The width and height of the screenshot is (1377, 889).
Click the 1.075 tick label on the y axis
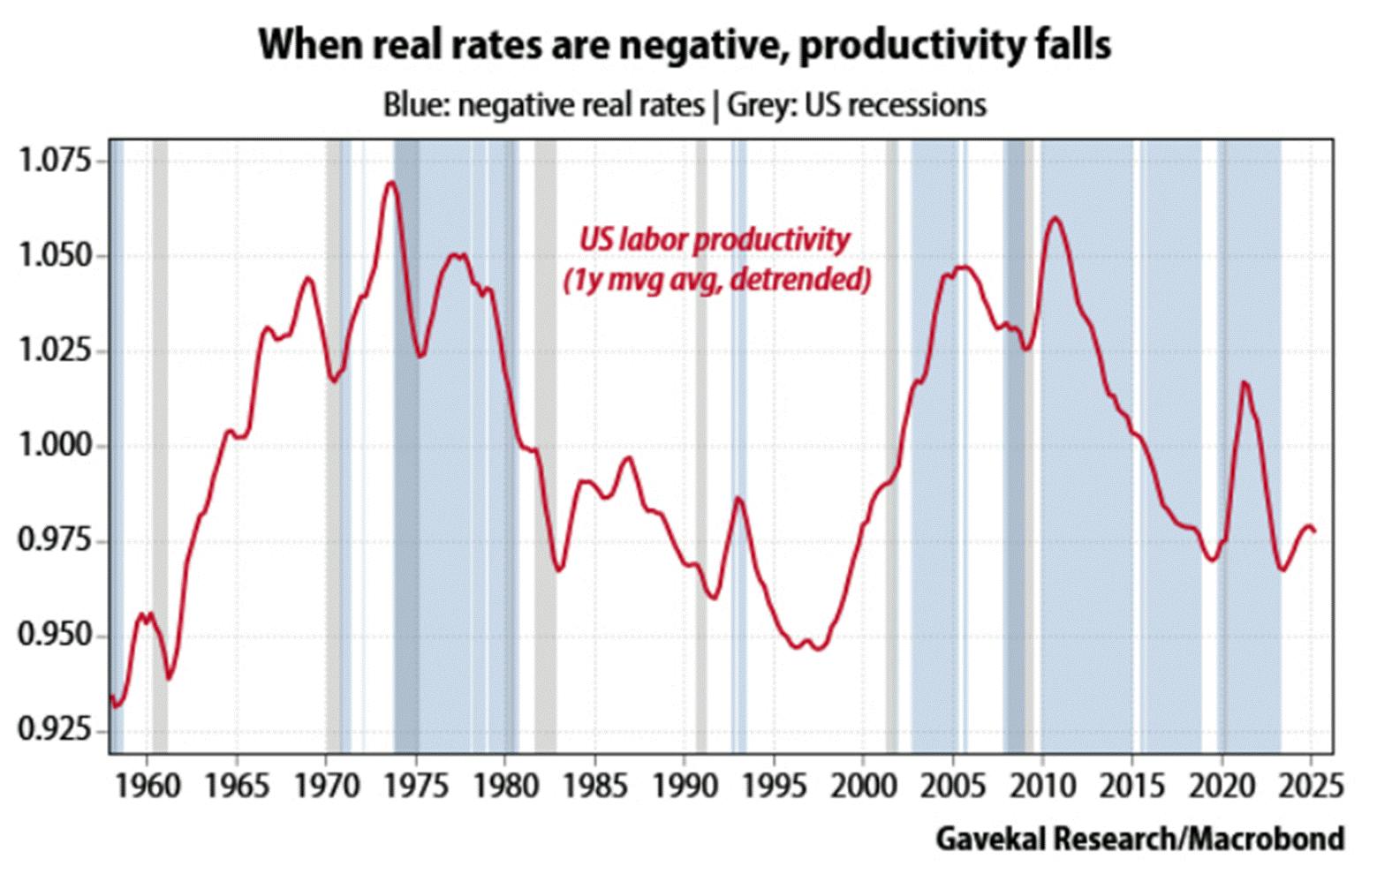(54, 162)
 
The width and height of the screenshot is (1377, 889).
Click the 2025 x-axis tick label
(1311, 784)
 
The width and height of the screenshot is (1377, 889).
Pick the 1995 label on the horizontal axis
(774, 784)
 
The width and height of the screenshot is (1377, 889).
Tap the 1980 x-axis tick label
(505, 784)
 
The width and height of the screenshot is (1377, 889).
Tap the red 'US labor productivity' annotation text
(714, 239)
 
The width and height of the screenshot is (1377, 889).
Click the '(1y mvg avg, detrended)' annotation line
(717, 280)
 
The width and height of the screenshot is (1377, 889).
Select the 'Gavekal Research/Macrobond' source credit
(1139, 839)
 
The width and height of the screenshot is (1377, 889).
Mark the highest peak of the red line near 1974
(390, 183)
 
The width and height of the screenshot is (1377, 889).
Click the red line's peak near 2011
(1055, 218)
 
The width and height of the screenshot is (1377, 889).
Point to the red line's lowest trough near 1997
(818, 649)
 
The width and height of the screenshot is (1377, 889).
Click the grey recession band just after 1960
(160, 441)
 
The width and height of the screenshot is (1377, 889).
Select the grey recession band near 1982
(545, 441)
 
